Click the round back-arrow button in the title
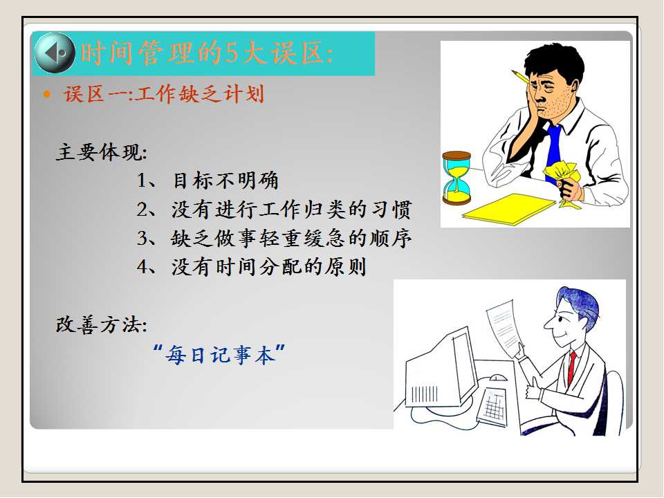[54, 53]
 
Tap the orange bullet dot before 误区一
[46, 94]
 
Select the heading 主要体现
[102, 151]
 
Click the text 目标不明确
[225, 181]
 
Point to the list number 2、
[147, 209]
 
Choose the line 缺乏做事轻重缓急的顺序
[292, 238]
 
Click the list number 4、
[147, 267]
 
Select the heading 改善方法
[102, 325]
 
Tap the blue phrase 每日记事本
[220, 354]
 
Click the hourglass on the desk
[456, 178]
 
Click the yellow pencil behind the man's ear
[519, 77]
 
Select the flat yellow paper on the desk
[509, 209]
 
